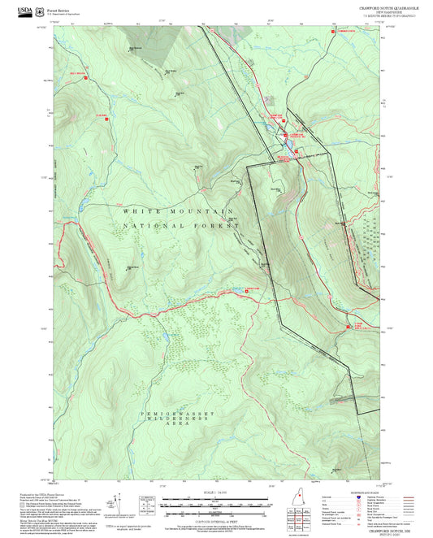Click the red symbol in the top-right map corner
[x=331, y=31]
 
